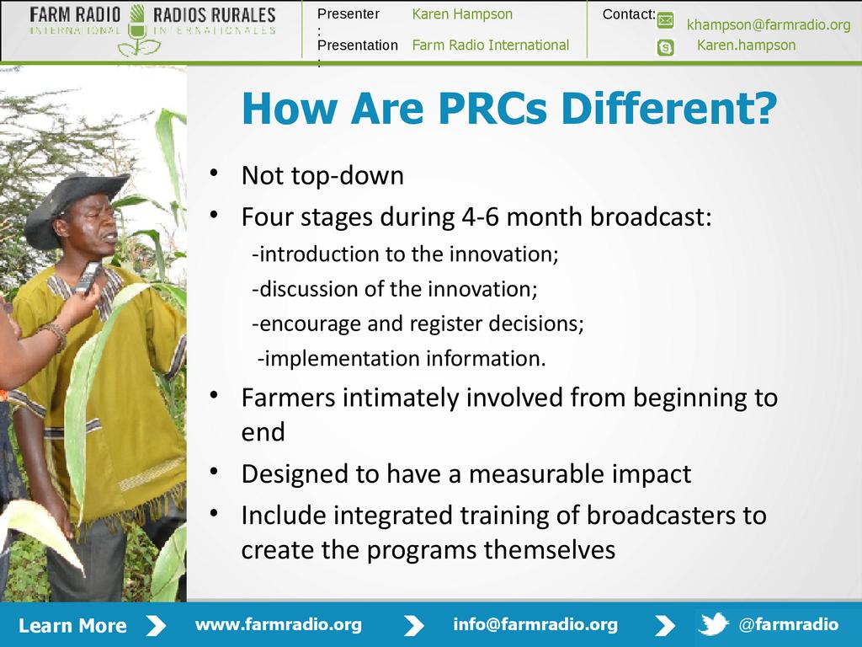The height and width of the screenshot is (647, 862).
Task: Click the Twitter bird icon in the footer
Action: click(713, 624)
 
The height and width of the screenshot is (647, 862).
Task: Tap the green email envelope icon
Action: click(665, 21)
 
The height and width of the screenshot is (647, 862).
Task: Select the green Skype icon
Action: click(665, 47)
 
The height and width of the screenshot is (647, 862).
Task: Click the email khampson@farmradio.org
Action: click(769, 24)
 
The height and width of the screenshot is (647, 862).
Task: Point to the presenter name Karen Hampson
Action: click(462, 14)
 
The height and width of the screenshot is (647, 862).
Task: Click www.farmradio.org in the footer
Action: click(279, 624)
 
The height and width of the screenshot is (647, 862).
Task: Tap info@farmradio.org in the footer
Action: click(535, 624)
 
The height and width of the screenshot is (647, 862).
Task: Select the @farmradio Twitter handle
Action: click(788, 624)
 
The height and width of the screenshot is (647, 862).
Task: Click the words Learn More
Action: click(72, 626)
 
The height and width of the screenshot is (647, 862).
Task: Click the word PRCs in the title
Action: click(492, 108)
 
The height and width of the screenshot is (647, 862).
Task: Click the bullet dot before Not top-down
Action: click(214, 174)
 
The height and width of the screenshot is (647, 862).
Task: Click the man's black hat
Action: click(74, 206)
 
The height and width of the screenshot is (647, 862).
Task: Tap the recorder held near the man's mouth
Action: click(88, 276)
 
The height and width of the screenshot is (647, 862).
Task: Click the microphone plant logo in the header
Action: click(137, 31)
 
